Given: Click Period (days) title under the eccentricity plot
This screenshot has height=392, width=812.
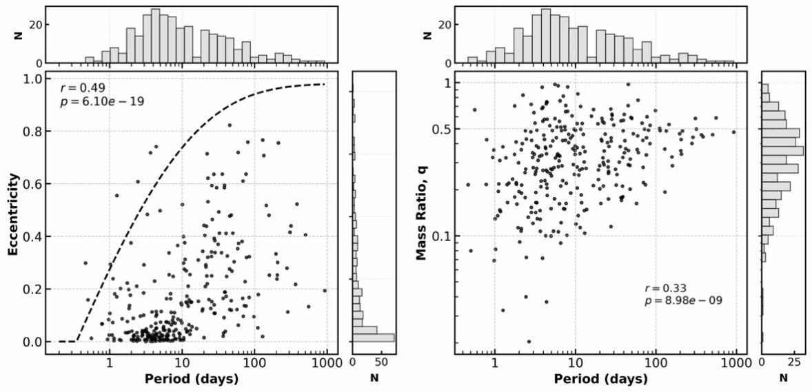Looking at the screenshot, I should pyautogui.click(x=192, y=379).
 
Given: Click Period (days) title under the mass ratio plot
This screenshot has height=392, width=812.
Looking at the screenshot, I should pyautogui.click(x=600, y=379).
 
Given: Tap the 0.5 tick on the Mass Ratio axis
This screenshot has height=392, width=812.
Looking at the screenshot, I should pyautogui.click(x=440, y=130).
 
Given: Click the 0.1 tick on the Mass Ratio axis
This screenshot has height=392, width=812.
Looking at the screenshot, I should pyautogui.click(x=440, y=236).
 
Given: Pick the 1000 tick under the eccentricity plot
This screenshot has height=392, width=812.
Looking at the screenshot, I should pyautogui.click(x=326, y=361).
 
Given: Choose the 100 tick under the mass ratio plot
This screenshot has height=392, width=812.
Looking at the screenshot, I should pyautogui.click(x=656, y=361).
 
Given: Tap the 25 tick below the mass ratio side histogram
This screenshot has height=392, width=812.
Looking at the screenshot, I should pyautogui.click(x=794, y=361).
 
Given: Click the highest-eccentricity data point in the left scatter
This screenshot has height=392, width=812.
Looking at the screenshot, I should pyautogui.click(x=230, y=125).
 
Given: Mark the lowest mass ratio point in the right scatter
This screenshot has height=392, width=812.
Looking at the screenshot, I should pyautogui.click(x=529, y=341).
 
